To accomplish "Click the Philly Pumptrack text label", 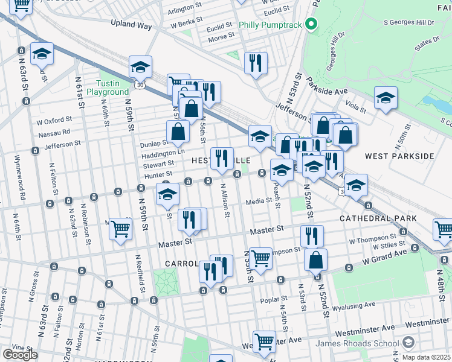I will point(271,25).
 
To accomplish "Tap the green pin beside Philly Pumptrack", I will point(311,25).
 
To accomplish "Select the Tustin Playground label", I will point(108,87).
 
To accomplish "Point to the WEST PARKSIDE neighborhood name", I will point(399,156).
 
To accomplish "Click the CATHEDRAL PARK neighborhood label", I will point(375,218).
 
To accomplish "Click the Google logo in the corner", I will point(20,355).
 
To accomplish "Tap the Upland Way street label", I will point(131,24).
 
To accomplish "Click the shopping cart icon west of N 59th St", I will point(120,229).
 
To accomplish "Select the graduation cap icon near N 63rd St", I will point(42,54).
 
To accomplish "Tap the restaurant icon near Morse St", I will point(256,62).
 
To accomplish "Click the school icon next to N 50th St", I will point(385,98).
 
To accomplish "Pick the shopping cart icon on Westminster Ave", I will point(264,341).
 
